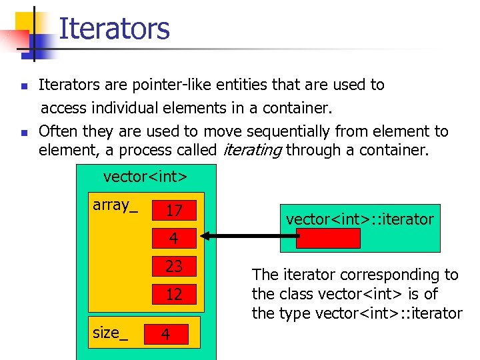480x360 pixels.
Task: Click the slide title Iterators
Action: pos(114,29)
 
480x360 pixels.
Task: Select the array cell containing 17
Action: pos(174,211)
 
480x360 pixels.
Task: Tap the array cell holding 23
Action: pos(174,266)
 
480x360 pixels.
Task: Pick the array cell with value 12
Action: pos(174,294)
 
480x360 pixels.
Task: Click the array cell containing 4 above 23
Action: pos(174,238)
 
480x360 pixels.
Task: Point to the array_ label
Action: pos(115,205)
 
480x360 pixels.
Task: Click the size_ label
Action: pos(110,333)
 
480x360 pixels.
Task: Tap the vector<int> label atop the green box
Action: pos(145,177)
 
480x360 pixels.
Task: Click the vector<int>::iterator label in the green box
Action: pos(359,219)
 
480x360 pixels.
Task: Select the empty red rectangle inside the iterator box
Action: pos(328,238)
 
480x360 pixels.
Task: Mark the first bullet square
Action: pos(24,86)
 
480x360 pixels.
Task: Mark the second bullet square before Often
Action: pos(24,133)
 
